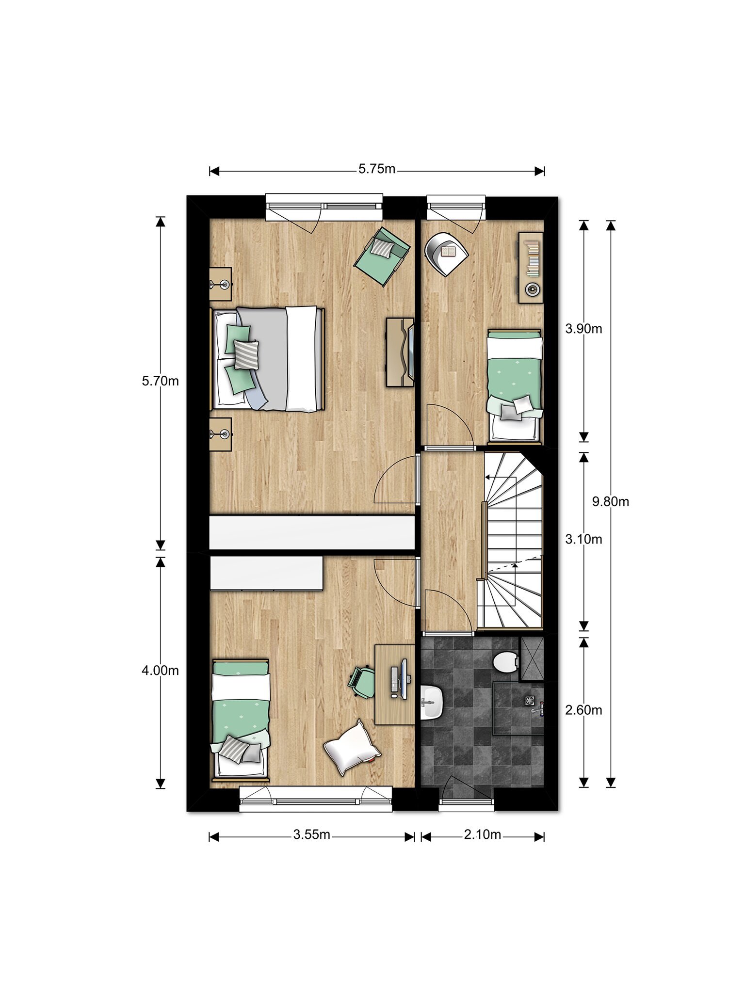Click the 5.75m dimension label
377,169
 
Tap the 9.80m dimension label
610,502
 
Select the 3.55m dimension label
311,834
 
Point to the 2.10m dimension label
482,834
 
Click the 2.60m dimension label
583,710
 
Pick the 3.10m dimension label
583,539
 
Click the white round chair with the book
446,253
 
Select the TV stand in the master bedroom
400,352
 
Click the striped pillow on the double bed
246,353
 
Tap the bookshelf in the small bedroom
531,268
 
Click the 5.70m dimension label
160,381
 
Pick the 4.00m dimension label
160,671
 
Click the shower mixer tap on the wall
538,708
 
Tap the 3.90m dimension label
583,329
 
